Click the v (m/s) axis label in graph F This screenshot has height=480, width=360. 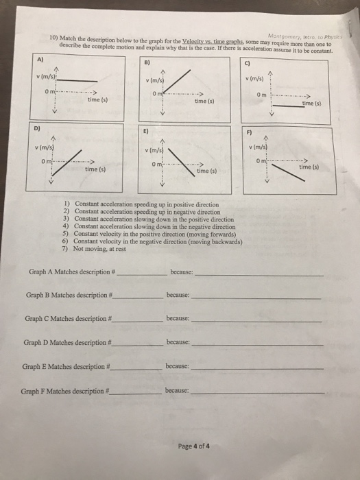(264, 146)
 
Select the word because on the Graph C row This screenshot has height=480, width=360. (178, 319)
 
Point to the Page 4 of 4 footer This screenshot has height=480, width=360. (193, 445)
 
